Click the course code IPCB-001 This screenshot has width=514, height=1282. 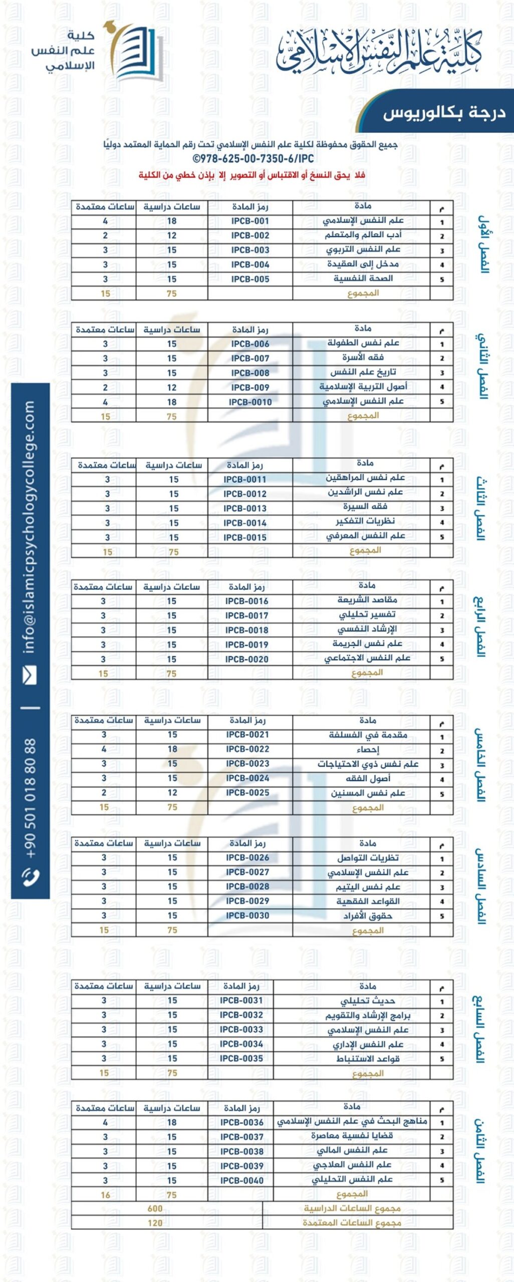click(250, 221)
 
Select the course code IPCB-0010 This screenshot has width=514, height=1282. click(250, 402)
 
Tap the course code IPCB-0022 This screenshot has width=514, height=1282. click(247, 749)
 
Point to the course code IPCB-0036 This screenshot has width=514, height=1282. click(241, 1122)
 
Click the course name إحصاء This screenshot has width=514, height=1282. click(368, 750)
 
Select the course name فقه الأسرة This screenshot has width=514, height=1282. click(363, 358)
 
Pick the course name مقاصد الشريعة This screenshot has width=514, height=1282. click(367, 599)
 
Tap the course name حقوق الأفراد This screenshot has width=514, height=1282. click(368, 916)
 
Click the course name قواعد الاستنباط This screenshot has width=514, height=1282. click(368, 1059)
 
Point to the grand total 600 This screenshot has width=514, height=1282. click(155, 1208)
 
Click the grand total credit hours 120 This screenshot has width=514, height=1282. click(155, 1223)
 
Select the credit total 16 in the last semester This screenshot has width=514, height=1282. click(105, 1195)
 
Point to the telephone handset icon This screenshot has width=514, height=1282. click(30, 876)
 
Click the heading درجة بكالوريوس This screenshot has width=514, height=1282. click(444, 113)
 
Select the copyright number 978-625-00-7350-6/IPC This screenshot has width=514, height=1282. click(253, 159)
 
